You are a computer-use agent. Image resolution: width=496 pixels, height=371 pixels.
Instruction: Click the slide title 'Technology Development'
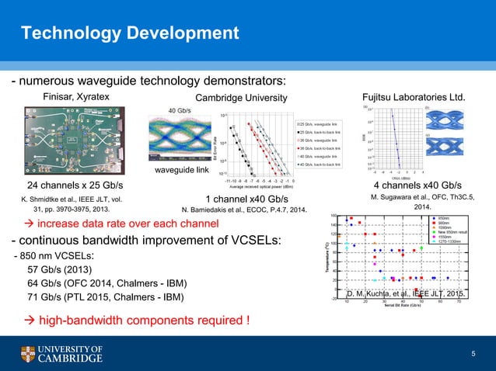pyautogui.click(x=130, y=33)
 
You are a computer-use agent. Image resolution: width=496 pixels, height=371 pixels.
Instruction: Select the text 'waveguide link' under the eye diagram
pyautogui.click(x=180, y=170)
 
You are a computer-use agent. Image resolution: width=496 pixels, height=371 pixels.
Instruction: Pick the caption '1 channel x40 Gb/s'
pyautogui.click(x=246, y=198)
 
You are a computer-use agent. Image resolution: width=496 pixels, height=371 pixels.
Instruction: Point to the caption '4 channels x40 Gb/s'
pyautogui.click(x=417, y=185)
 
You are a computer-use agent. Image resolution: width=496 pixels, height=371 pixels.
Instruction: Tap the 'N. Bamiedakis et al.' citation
pyautogui.click(x=245, y=210)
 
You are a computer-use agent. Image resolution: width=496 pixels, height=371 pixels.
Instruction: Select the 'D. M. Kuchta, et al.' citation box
pyautogui.click(x=407, y=295)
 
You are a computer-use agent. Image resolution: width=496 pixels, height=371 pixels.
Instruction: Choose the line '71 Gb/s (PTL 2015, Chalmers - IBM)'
pyautogui.click(x=105, y=297)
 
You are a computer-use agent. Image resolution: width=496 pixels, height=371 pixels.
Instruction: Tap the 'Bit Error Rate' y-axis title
pyautogui.click(x=215, y=144)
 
